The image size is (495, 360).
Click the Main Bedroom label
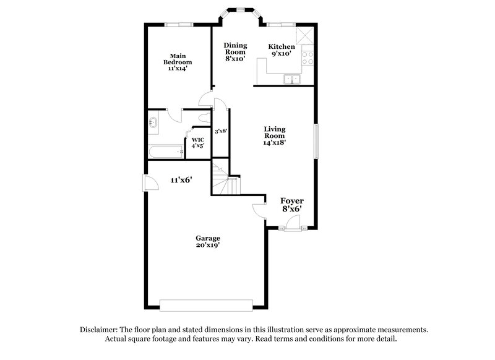click(178, 62)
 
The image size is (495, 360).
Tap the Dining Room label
click(235, 52)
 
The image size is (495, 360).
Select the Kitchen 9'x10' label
click(282, 51)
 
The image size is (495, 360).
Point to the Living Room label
click(274, 135)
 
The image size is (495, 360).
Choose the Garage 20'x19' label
click(208, 242)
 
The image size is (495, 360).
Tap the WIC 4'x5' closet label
click(198, 143)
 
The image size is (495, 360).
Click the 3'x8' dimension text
click(221, 131)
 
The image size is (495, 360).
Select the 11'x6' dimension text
click(181, 180)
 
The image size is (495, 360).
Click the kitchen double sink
click(291, 79)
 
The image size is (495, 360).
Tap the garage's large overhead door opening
click(206, 304)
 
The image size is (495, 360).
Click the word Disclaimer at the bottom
click(101, 330)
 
